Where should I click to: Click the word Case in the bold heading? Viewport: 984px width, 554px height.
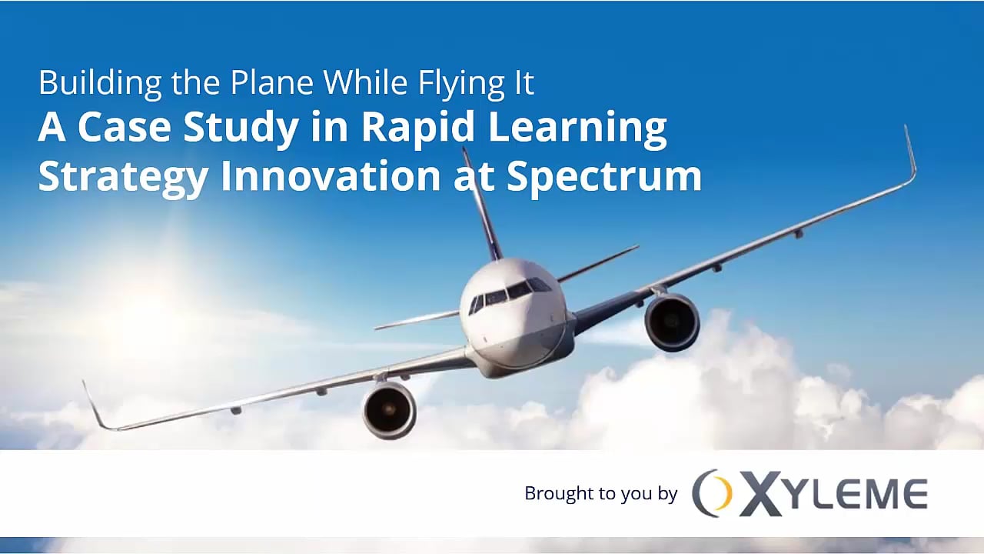click(125, 128)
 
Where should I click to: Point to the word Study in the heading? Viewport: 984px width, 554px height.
click(240, 129)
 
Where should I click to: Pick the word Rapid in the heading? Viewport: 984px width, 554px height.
click(404, 129)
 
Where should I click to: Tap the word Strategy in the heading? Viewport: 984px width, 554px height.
click(123, 177)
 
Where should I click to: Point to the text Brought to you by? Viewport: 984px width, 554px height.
click(600, 493)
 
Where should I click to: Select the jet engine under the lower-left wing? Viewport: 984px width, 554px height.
click(390, 410)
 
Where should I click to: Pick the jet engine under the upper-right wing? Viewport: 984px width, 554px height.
click(672, 322)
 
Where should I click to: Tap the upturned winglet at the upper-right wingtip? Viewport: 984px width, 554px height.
click(910, 154)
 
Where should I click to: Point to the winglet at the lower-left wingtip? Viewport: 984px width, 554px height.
click(97, 406)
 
